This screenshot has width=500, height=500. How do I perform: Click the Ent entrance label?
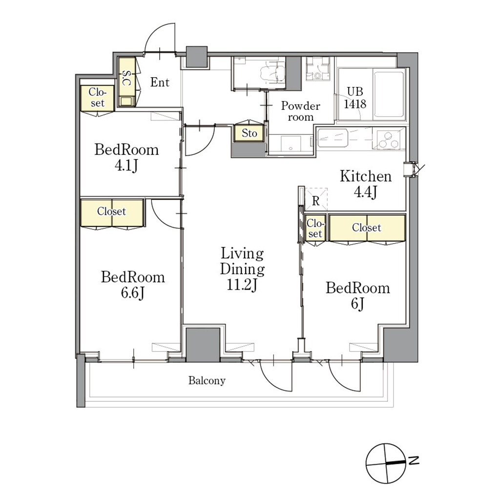pos(160,82)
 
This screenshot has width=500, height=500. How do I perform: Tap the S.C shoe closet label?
pos(126,78)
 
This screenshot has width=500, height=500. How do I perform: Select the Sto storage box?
pos(249,133)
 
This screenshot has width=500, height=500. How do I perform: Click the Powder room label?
pos(300,111)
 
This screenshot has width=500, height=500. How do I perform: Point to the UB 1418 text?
pos(355,98)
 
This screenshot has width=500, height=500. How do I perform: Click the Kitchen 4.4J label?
pos(365,184)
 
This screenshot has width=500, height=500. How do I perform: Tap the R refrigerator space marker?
pos(316,201)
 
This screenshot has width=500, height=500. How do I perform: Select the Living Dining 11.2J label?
pos(242,269)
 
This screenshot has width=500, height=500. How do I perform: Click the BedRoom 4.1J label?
pos(126,158)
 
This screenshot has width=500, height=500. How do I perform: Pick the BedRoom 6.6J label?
pos(133,285)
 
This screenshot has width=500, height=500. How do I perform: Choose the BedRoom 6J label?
pos(358,295)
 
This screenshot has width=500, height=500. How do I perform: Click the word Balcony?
pos(207,380)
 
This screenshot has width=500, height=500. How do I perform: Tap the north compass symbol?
pos(386,463)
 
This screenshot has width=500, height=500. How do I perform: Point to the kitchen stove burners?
pos(388,139)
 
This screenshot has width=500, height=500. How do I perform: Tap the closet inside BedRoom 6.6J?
pos(112,212)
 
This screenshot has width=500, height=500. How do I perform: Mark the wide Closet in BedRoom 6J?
pos(367,228)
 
